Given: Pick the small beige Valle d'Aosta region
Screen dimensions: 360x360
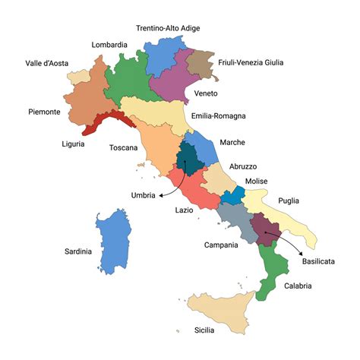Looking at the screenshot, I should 77,77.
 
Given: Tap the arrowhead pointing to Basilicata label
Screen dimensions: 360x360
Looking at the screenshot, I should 302,251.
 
